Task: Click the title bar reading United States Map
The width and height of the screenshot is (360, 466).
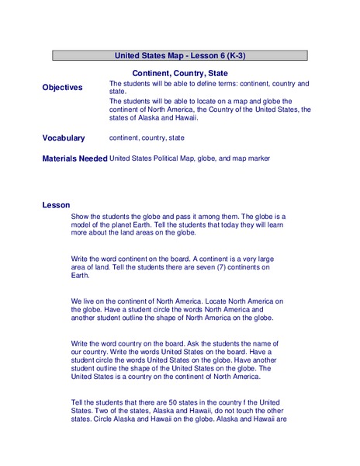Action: tap(180, 56)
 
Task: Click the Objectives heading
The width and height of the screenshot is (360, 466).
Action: tap(62, 88)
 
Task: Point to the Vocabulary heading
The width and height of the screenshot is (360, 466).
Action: tap(64, 138)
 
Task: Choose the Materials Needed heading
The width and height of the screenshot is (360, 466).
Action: tap(74, 158)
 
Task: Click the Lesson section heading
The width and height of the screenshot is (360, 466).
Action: tap(56, 205)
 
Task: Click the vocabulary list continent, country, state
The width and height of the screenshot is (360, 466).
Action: tap(147, 137)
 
